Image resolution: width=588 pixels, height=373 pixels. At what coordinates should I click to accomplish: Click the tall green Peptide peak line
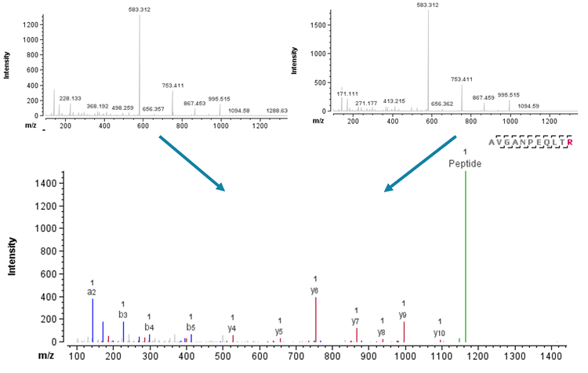tap(466, 259)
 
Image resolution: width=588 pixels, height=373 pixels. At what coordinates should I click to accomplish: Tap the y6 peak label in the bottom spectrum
tap(315, 291)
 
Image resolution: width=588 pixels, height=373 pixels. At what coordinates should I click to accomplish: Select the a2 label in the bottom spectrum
tap(92, 291)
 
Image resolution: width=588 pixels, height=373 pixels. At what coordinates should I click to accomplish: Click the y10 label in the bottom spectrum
tap(440, 333)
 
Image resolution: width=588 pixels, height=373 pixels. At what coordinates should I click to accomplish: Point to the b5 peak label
tap(191, 327)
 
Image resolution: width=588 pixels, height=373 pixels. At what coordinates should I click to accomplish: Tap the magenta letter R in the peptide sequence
tap(570, 142)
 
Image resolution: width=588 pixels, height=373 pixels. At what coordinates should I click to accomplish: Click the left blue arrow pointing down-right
tap(191, 163)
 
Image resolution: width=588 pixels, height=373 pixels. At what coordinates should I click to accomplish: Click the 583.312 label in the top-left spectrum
tap(140, 9)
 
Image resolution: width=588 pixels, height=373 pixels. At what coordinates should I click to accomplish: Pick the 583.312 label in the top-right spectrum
tap(428, 5)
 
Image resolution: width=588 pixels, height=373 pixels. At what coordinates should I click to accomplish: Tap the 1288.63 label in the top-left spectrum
tap(277, 111)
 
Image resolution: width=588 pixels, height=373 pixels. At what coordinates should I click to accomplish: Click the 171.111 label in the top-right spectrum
tap(347, 93)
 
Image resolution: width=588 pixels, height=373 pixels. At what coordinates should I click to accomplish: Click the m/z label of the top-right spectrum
tap(318, 121)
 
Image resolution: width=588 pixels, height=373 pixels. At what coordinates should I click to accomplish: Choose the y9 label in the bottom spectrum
tap(403, 315)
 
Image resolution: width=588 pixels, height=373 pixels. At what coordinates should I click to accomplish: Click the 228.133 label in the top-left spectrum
tap(71, 98)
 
